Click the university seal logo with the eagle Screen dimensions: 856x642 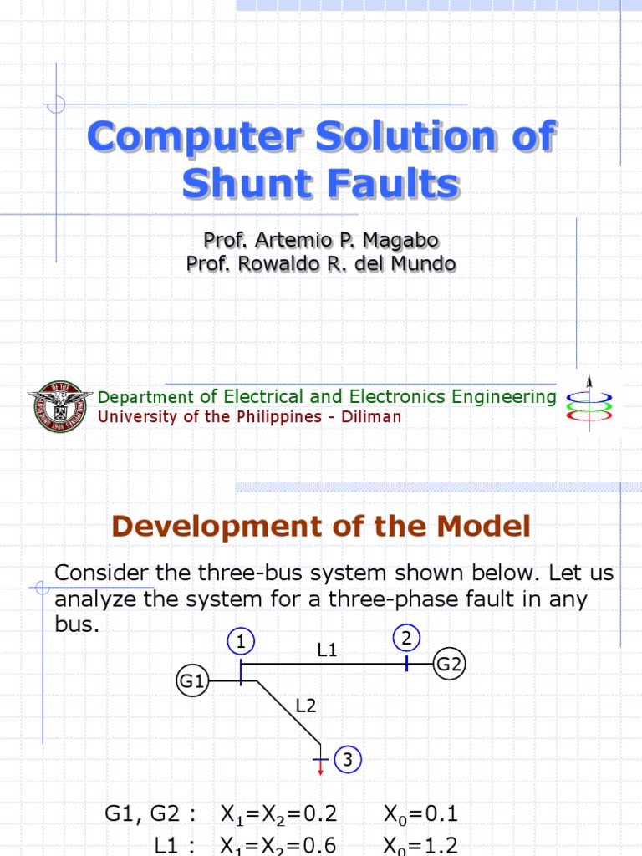60,406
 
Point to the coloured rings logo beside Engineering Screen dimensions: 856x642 588,405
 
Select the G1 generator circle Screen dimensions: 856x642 192,681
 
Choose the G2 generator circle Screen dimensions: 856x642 450,665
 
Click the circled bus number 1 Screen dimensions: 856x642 240,642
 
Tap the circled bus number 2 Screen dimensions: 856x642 406,639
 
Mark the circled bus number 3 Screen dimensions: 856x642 347,760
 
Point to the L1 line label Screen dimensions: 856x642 326,649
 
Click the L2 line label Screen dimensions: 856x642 306,706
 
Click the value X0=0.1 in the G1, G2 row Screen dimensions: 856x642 420,813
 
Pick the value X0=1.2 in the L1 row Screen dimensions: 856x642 420,845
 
